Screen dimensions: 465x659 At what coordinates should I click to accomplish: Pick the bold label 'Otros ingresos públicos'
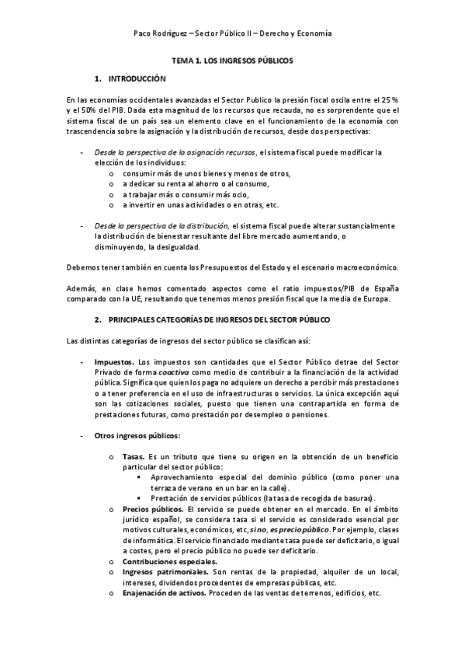pos(137,435)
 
